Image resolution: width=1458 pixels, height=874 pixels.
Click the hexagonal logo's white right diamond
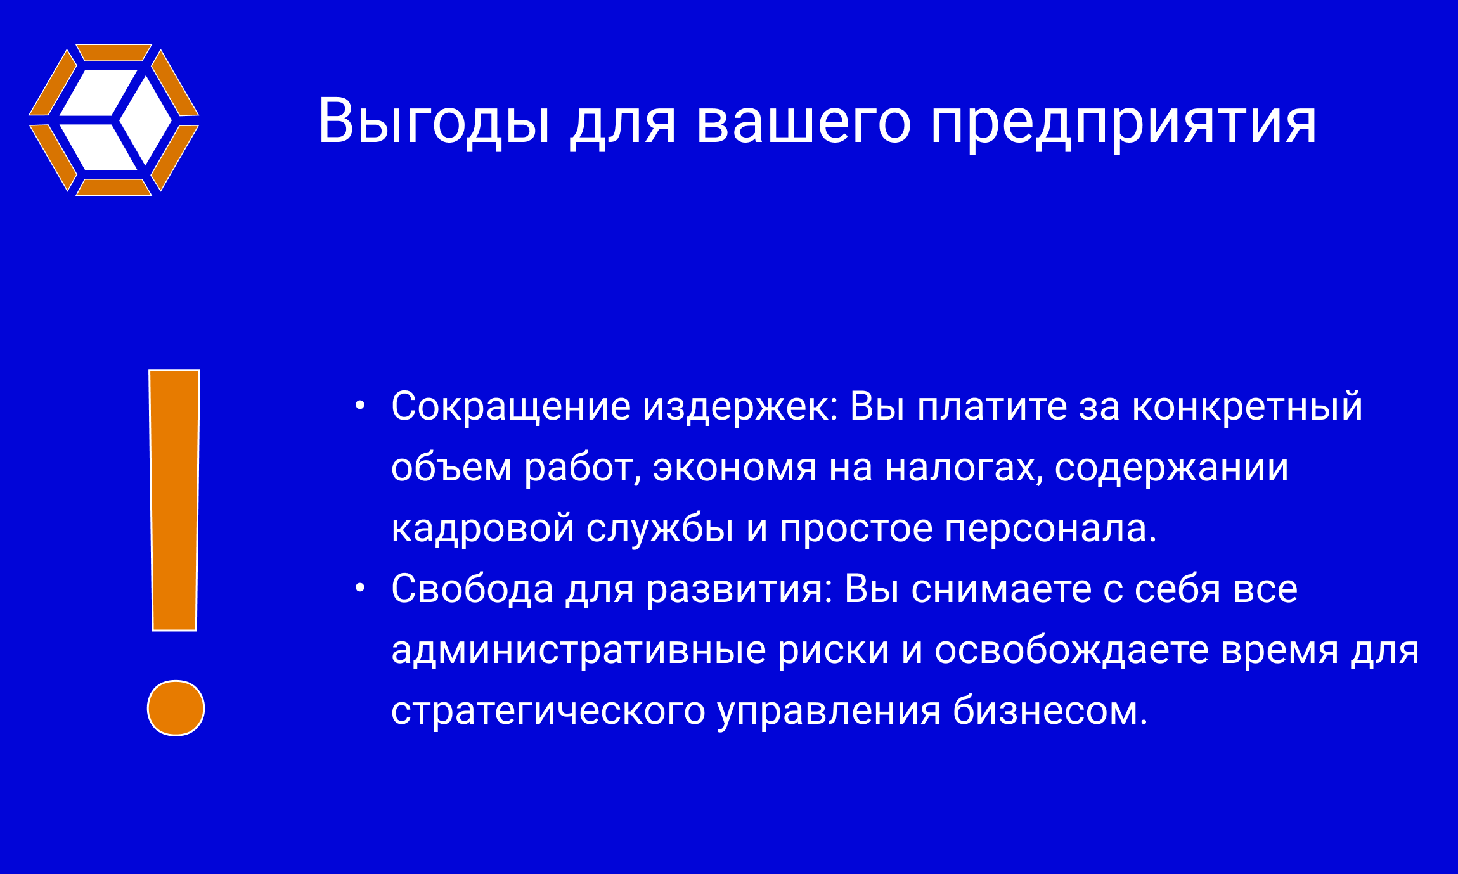click(x=146, y=120)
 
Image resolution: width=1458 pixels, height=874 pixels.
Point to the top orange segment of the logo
click(x=113, y=53)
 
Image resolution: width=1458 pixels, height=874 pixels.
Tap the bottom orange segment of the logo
click(x=113, y=188)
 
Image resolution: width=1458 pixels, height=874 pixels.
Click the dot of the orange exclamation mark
click(x=176, y=708)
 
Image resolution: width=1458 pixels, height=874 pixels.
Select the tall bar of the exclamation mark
click(x=174, y=500)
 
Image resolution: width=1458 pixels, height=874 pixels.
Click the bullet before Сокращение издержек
click(x=360, y=405)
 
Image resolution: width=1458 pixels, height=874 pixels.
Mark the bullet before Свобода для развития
click(x=360, y=588)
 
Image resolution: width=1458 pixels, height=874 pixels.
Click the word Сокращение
click(x=511, y=406)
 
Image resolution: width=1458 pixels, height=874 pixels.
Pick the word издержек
click(x=740, y=407)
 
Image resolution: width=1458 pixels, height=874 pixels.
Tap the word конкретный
click(x=1248, y=407)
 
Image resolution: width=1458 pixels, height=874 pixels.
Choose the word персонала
click(x=1050, y=529)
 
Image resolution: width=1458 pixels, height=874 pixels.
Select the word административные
click(x=579, y=651)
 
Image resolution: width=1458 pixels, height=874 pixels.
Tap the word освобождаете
click(x=1072, y=651)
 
